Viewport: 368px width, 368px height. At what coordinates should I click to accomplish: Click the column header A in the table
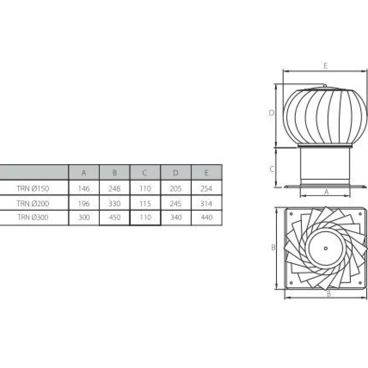click(84, 173)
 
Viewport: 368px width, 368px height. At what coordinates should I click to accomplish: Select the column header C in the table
click(145, 173)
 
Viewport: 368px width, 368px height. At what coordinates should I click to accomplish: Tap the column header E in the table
click(206, 173)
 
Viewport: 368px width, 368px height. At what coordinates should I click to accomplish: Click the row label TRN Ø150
click(33, 189)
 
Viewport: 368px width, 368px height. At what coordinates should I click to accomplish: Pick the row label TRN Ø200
click(33, 203)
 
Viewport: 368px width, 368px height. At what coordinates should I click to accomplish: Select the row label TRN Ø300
click(33, 217)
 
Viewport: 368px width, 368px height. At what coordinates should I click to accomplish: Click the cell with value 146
click(84, 189)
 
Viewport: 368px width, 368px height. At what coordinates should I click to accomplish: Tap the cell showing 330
click(115, 203)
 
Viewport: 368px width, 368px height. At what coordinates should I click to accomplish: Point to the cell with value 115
click(145, 203)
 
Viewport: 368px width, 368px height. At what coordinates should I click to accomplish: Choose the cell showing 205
click(176, 189)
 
